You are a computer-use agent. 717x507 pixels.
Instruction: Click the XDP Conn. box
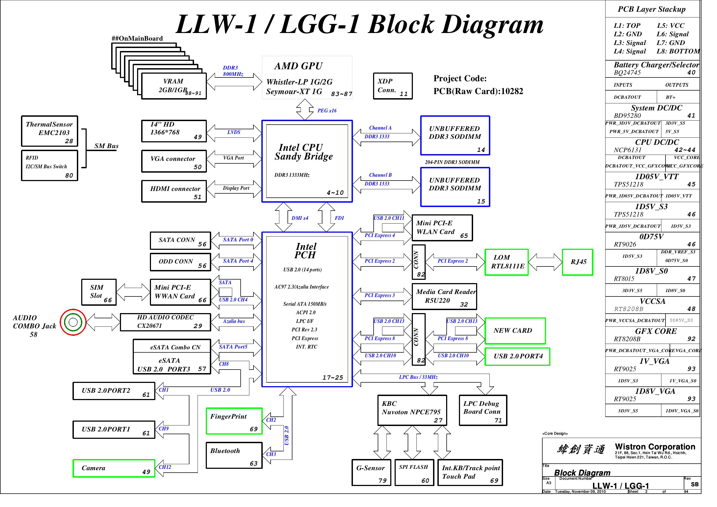(x=392, y=86)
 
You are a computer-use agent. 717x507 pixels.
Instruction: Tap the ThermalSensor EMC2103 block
(x=49, y=131)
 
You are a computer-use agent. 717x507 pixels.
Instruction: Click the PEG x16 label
(x=327, y=110)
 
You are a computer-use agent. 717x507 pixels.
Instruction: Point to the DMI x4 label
(x=299, y=218)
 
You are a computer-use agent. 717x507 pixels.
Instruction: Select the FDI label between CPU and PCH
(x=339, y=218)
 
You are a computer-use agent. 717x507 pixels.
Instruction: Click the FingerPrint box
(x=234, y=421)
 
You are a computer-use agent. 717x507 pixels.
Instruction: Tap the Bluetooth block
(x=234, y=455)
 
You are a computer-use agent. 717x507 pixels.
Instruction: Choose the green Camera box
(x=114, y=468)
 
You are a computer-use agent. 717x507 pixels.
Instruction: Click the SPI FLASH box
(x=414, y=472)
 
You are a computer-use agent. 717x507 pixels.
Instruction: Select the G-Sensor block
(x=371, y=472)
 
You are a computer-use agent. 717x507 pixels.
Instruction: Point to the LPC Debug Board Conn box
(x=482, y=410)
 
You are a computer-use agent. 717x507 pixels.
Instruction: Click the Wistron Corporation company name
(x=655, y=446)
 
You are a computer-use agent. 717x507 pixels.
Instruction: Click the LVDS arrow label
(x=234, y=132)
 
